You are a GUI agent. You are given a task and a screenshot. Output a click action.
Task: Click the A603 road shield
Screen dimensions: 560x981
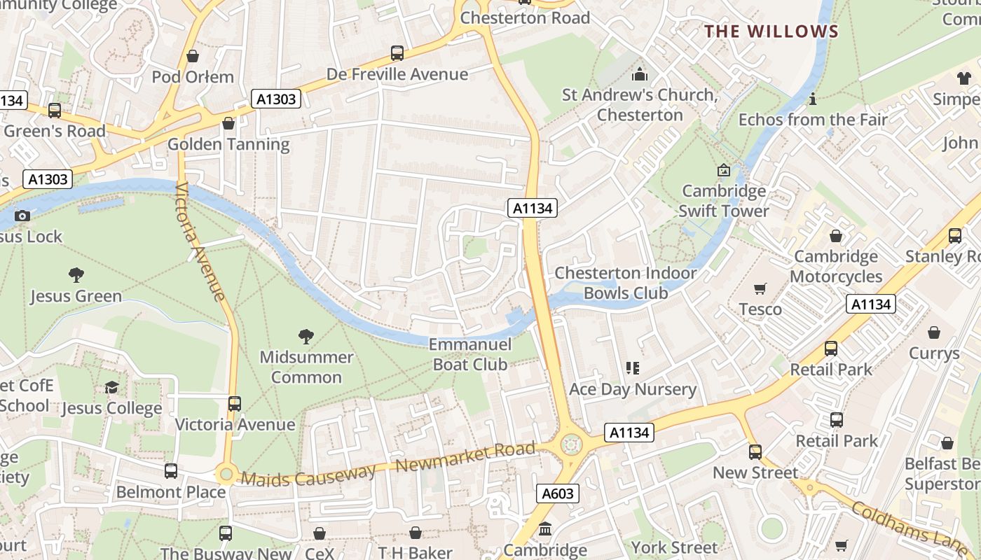pyautogui.click(x=558, y=493)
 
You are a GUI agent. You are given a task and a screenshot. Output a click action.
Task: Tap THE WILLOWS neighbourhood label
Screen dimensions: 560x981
pyautogui.click(x=771, y=31)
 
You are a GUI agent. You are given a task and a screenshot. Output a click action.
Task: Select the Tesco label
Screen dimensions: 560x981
pyautogui.click(x=760, y=309)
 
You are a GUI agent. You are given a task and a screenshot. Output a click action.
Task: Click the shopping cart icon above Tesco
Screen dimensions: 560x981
pyautogui.click(x=760, y=288)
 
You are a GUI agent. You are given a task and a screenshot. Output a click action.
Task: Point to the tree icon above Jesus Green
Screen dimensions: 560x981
pyautogui.click(x=76, y=275)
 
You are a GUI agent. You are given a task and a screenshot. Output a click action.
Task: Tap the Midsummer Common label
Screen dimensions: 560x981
pyautogui.click(x=306, y=367)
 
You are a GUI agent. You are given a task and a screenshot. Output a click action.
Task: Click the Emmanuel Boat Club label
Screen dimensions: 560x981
pyautogui.click(x=470, y=354)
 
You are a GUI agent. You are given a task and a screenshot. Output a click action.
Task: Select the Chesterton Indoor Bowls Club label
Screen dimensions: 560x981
pyautogui.click(x=626, y=283)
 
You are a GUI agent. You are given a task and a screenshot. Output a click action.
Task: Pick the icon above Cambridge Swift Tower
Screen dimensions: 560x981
pyautogui.click(x=724, y=170)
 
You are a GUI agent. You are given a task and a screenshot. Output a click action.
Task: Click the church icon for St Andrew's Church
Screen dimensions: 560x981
pyautogui.click(x=640, y=74)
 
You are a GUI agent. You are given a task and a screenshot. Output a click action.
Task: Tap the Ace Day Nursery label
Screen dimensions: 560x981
pyautogui.click(x=633, y=389)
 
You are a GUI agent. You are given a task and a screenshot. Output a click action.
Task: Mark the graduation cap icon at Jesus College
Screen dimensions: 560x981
pyautogui.click(x=111, y=387)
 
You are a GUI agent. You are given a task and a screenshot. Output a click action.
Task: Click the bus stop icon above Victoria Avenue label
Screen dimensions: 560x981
pyautogui.click(x=235, y=404)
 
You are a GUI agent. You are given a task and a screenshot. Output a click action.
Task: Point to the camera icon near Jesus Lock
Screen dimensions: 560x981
pyautogui.click(x=22, y=216)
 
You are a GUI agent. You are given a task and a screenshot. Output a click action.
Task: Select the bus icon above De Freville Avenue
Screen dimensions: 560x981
pyautogui.click(x=397, y=53)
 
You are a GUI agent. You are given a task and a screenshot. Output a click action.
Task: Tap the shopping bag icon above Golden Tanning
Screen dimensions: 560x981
pyautogui.click(x=228, y=124)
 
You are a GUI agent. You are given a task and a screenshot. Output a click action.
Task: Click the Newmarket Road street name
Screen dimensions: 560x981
pyautogui.click(x=465, y=458)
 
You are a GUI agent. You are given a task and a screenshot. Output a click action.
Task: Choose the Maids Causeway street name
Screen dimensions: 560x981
pyautogui.click(x=308, y=477)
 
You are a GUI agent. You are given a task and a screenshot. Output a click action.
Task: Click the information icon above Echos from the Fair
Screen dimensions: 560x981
pyautogui.click(x=813, y=99)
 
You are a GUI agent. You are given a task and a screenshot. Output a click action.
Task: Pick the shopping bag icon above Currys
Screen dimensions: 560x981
pyautogui.click(x=934, y=332)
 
